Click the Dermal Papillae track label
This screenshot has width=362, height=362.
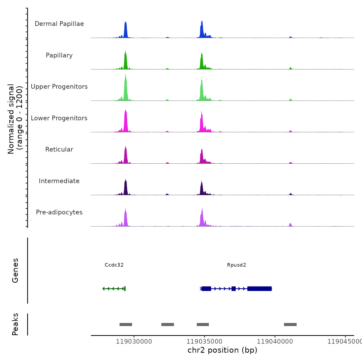[x=59, y=24]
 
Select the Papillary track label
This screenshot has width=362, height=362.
[x=59, y=55]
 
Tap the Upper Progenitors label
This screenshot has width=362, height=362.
[x=59, y=87]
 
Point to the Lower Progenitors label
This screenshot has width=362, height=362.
[x=59, y=118]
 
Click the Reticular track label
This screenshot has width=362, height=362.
[x=59, y=149]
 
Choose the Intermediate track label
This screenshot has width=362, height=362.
[x=59, y=181]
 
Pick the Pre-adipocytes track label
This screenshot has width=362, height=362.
[x=59, y=212]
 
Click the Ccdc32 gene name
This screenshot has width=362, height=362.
[x=114, y=265]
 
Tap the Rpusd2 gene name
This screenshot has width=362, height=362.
[x=237, y=265]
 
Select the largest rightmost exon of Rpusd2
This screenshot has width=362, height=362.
[x=259, y=289]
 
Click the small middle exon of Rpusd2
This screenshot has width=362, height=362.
[x=233, y=289]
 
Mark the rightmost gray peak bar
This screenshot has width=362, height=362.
[x=290, y=325]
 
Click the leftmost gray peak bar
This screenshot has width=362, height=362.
[x=126, y=325]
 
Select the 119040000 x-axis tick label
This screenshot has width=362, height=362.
[x=275, y=342]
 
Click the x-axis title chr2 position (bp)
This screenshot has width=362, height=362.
[x=222, y=350]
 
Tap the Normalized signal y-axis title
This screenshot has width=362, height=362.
[x=15, y=119]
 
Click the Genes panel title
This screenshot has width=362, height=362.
[x=15, y=270]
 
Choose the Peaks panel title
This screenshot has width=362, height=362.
[x=15, y=324]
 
